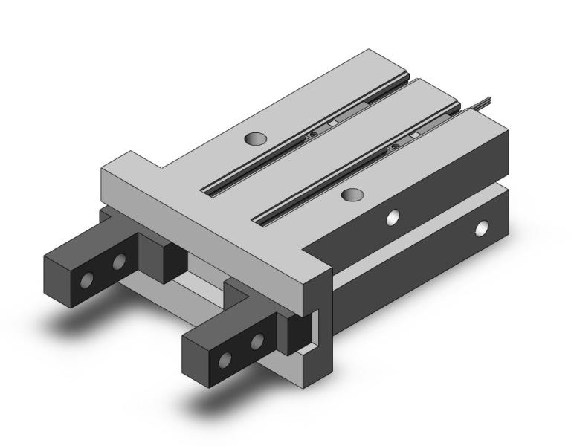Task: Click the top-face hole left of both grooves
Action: (x=255, y=138)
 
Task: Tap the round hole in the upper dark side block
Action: (x=394, y=216)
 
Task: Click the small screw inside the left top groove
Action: (x=315, y=135)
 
